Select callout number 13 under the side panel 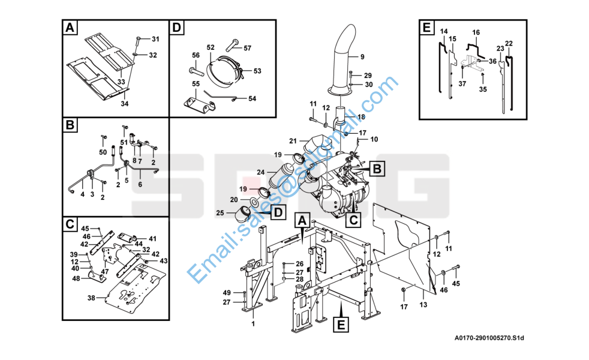pos(423,305)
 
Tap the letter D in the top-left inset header pos(176,28)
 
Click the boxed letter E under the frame pos(339,325)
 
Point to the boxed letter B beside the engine pos(376,170)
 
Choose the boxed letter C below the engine pos(354,220)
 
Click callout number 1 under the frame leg pos(253,324)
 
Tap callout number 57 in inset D pos(247,48)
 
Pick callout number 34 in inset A pos(125,104)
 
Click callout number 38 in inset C pos(91,298)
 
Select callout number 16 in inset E pos(476,32)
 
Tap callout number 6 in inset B pos(140,184)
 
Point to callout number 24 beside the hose pos(261,172)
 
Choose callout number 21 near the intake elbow pos(293,141)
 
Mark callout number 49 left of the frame pos(227,292)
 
